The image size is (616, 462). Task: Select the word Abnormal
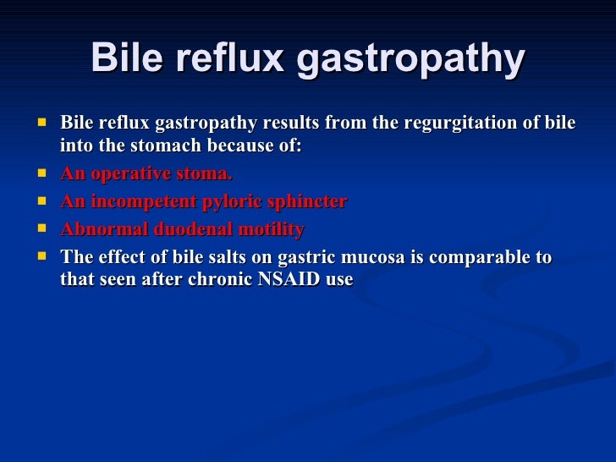point(97,230)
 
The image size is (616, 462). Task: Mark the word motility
point(268,230)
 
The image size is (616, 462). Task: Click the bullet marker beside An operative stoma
point(39,173)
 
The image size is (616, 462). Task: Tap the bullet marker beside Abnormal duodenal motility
point(39,229)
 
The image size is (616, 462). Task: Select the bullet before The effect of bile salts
point(39,256)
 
